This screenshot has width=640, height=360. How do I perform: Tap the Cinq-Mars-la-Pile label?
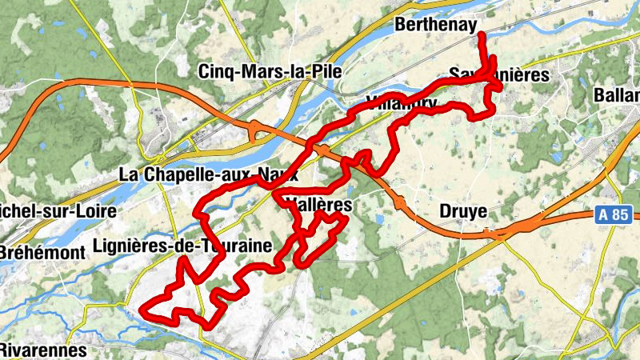click(270, 71)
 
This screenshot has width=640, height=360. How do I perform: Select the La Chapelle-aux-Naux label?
click(208, 173)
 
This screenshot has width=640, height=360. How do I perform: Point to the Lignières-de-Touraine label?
click(182, 245)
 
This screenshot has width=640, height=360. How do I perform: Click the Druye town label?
click(463, 211)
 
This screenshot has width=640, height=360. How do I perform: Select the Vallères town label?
click(318, 205)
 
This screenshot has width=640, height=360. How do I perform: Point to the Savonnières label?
click(499, 74)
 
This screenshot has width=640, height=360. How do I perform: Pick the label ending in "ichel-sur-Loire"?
click(58, 212)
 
